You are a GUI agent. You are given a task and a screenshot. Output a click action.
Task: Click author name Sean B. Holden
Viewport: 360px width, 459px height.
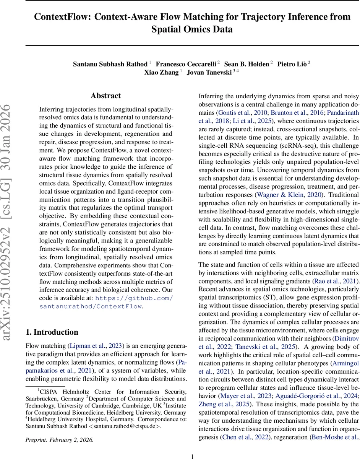246,64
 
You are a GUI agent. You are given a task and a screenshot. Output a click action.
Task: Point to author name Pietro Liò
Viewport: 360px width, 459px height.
292,64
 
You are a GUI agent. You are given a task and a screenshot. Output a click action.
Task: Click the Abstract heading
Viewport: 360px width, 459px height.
106,96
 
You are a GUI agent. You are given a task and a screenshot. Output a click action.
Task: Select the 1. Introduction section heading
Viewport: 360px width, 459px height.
52,332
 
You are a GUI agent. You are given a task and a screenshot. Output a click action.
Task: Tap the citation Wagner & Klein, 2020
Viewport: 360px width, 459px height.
290,194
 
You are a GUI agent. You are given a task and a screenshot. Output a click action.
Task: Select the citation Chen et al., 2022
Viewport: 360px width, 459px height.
245,437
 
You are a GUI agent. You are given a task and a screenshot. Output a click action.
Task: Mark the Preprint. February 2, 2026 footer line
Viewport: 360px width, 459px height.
59,440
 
